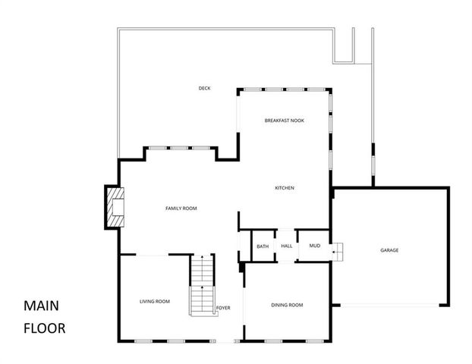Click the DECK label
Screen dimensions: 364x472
pos(204,89)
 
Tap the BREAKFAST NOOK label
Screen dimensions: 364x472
pos(285,121)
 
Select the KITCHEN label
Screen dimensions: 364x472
pos(285,188)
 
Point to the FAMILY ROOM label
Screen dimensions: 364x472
pos(181,208)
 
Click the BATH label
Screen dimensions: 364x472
pos(263,246)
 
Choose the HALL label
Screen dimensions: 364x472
pos(286,246)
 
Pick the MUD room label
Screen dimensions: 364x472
pos(313,246)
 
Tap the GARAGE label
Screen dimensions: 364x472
pos(389,250)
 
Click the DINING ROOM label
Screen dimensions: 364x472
pos(287,305)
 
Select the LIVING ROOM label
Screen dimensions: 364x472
pos(154,301)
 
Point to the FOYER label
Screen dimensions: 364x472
pos(223,307)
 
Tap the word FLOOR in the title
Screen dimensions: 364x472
pos(44,328)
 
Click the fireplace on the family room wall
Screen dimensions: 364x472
pos(114,207)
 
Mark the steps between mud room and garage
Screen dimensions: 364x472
pos(338,250)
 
